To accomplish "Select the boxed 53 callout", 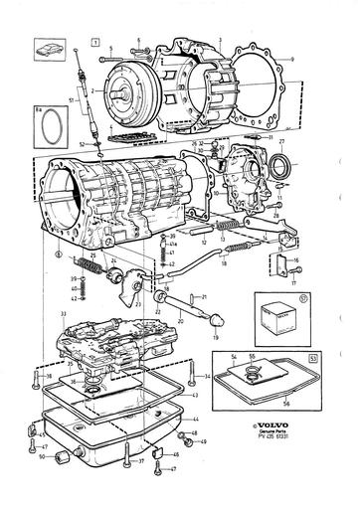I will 314,353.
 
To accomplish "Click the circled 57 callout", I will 317,296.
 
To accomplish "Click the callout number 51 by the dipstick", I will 70,99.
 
